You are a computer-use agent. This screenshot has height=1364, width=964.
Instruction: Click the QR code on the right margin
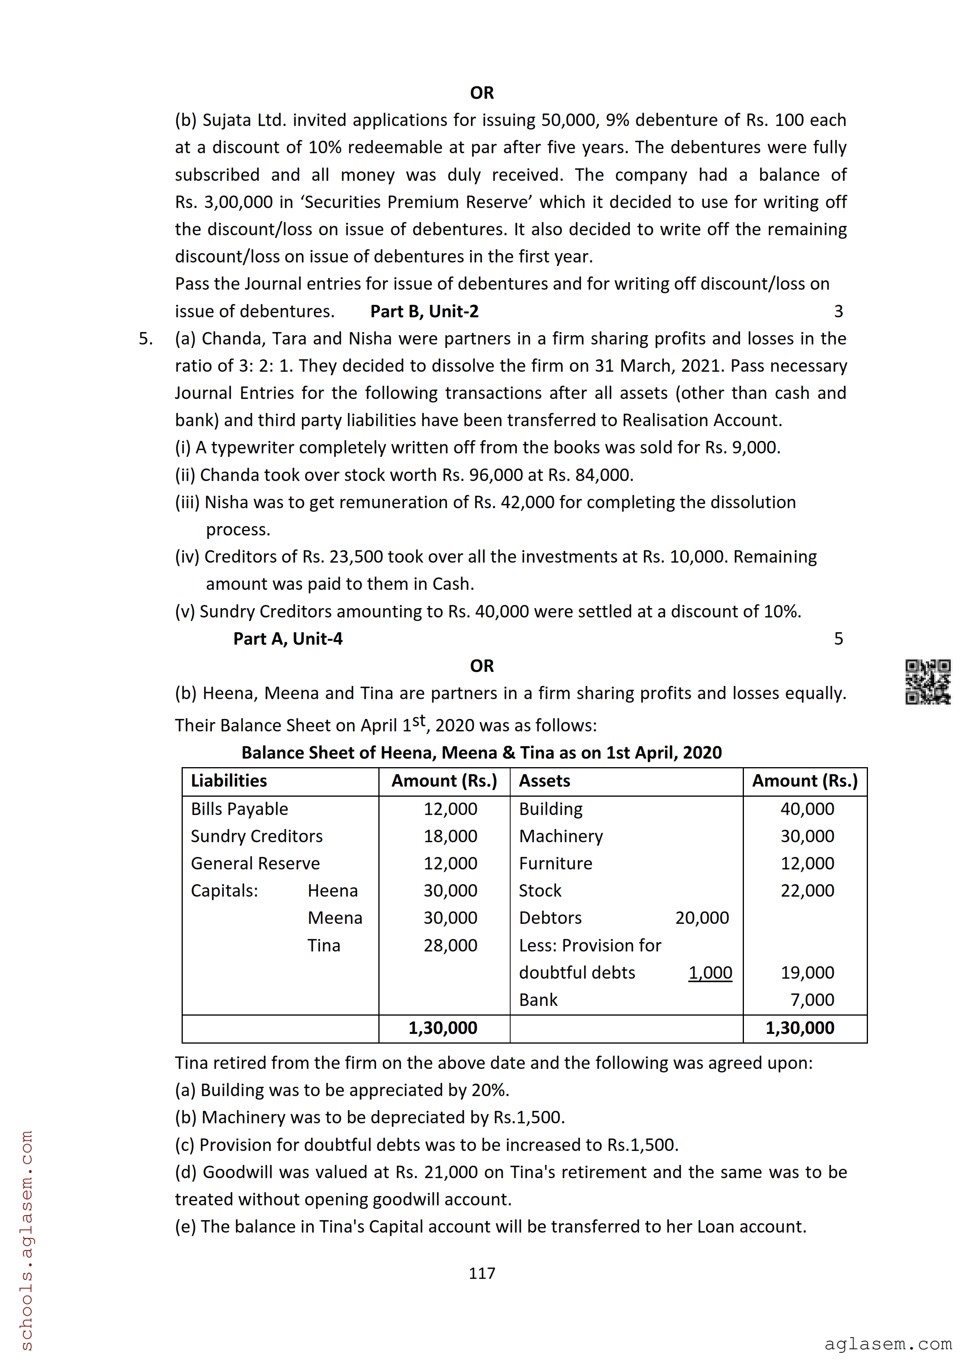[927, 682]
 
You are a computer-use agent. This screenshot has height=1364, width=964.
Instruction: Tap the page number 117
[482, 1273]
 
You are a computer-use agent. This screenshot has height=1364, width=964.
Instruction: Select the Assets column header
[544, 781]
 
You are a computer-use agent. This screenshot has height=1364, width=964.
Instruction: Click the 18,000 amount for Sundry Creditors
[450, 836]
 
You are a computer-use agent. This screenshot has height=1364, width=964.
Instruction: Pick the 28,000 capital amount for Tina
[450, 945]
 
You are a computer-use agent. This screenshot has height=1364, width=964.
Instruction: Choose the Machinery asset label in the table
[561, 836]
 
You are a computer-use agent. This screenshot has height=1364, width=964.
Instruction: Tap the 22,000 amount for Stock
[807, 890]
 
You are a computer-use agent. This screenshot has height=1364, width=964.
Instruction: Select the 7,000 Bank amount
[812, 1000]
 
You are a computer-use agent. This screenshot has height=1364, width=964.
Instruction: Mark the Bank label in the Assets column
[538, 1000]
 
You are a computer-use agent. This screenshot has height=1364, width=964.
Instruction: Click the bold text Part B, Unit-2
[424, 311]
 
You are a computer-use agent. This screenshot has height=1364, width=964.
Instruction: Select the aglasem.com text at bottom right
[888, 1344]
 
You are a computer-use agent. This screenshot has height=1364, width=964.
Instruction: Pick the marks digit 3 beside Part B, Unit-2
[838, 311]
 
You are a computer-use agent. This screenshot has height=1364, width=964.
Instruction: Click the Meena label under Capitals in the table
[335, 918]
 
